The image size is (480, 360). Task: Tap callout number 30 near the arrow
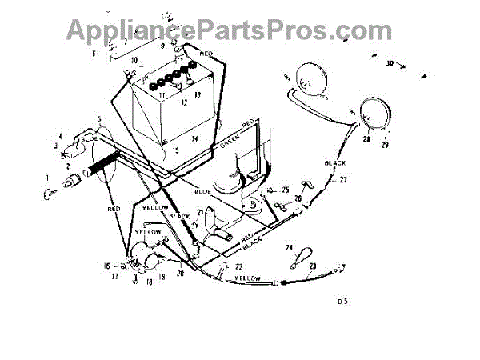point(390,63)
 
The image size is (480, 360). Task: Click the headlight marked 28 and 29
point(374,113)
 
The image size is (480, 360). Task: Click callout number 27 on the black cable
point(344,180)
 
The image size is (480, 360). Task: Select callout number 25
point(284,190)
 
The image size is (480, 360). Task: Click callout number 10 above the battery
point(134,60)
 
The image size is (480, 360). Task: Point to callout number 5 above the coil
point(99,120)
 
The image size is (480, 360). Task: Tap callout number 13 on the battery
point(197,94)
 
